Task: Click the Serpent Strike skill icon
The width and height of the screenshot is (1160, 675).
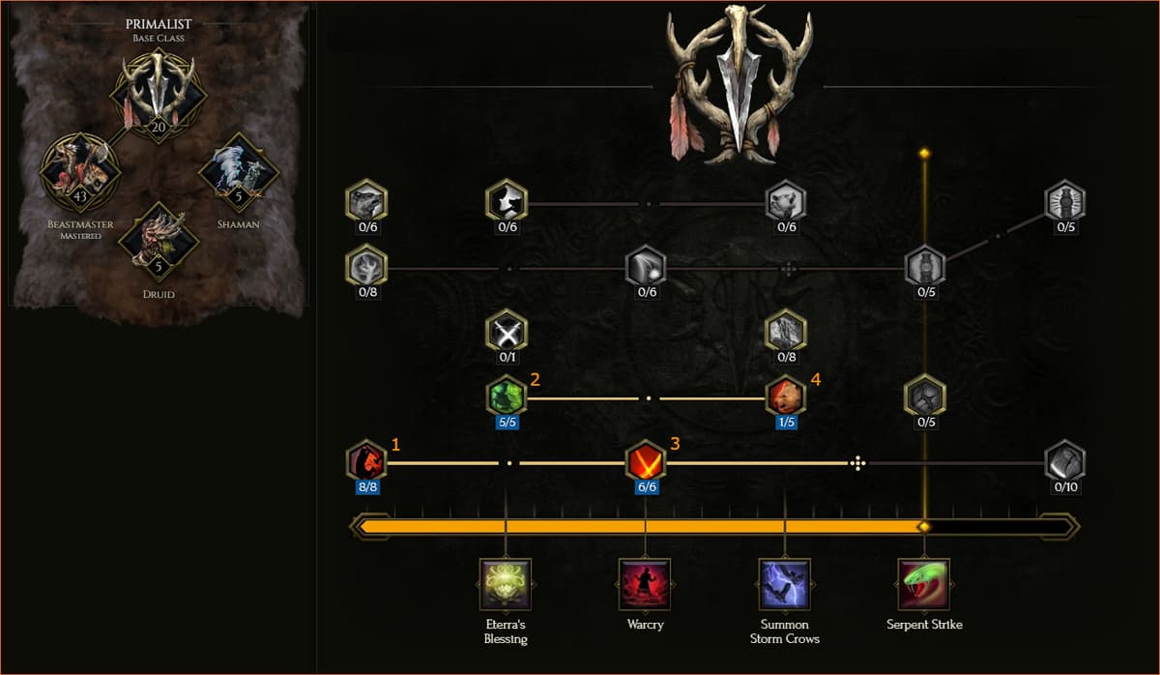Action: [924, 584]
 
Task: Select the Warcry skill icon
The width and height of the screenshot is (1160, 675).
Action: [645, 584]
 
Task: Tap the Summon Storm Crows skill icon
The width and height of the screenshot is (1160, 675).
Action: [785, 584]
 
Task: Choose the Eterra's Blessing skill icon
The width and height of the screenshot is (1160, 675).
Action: [506, 584]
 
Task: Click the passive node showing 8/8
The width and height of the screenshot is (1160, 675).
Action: [366, 461]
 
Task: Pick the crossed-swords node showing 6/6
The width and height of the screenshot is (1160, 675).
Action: [646, 461]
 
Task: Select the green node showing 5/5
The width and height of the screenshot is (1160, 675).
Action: [507, 396]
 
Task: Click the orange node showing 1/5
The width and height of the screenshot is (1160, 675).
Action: [786, 396]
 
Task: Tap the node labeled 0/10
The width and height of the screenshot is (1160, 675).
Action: [1064, 461]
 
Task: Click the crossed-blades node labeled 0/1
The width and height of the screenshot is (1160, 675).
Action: [507, 332]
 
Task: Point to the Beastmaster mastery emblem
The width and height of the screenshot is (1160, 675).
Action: [80, 172]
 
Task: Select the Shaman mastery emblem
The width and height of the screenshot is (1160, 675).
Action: [239, 172]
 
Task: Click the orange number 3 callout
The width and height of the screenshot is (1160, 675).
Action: [675, 444]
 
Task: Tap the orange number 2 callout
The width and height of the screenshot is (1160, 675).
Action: [535, 380]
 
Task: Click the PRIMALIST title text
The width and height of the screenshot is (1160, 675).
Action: [159, 24]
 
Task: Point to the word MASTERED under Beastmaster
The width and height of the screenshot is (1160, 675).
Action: [81, 236]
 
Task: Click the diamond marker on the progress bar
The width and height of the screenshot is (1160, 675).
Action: [924, 527]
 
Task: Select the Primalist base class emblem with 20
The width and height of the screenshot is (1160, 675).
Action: [159, 96]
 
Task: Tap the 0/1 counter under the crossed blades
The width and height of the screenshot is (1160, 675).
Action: [507, 357]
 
